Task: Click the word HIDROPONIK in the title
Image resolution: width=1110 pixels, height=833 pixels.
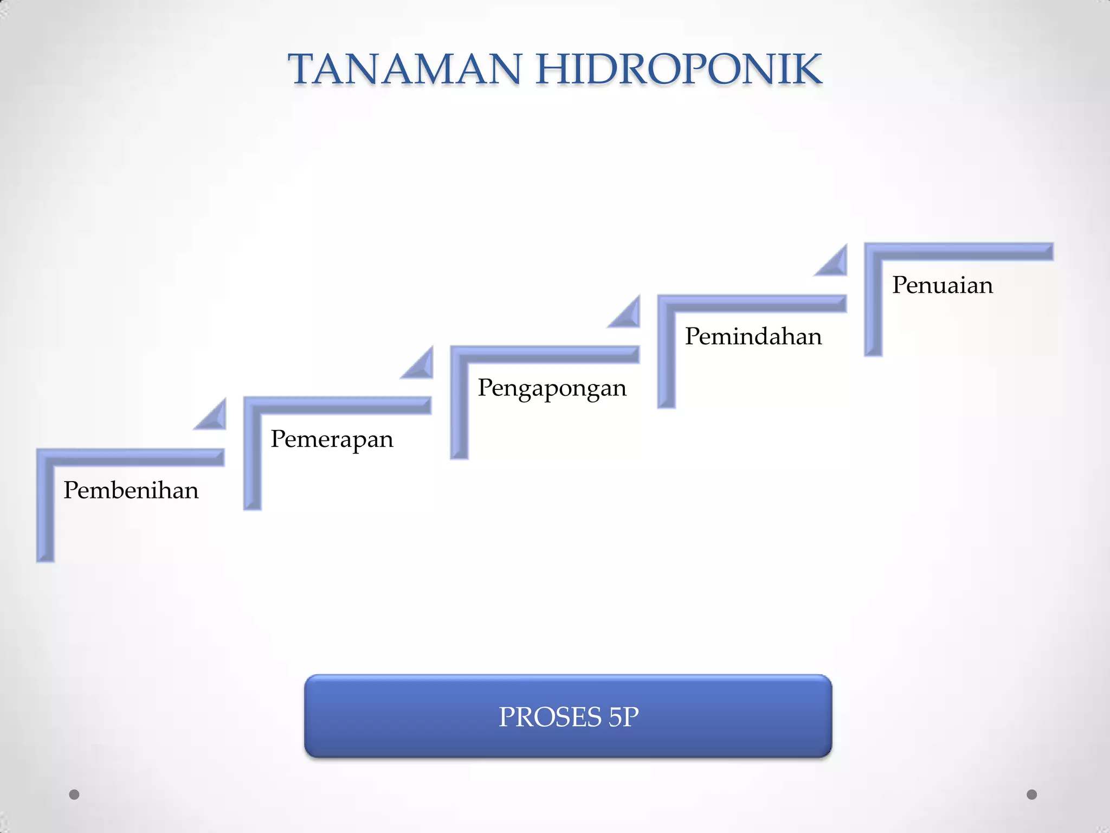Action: [x=679, y=69]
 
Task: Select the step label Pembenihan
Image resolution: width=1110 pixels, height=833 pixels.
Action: [x=131, y=490]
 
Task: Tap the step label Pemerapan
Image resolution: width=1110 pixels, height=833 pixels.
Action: [x=332, y=439]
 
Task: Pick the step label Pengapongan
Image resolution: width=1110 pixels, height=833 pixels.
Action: [x=552, y=388]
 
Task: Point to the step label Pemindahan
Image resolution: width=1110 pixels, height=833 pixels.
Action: [x=753, y=336]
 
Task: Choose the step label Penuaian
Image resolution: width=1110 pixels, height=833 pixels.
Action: [x=943, y=285]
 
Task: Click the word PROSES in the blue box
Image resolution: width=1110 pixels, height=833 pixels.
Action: [x=550, y=717]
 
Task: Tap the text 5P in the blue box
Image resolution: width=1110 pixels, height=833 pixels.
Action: [x=623, y=717]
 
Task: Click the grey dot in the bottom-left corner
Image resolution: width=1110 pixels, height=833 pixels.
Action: [x=74, y=794]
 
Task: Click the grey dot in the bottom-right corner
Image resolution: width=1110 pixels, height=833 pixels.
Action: [x=1032, y=794]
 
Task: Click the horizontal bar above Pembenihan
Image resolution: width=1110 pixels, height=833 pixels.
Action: [x=135, y=457]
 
